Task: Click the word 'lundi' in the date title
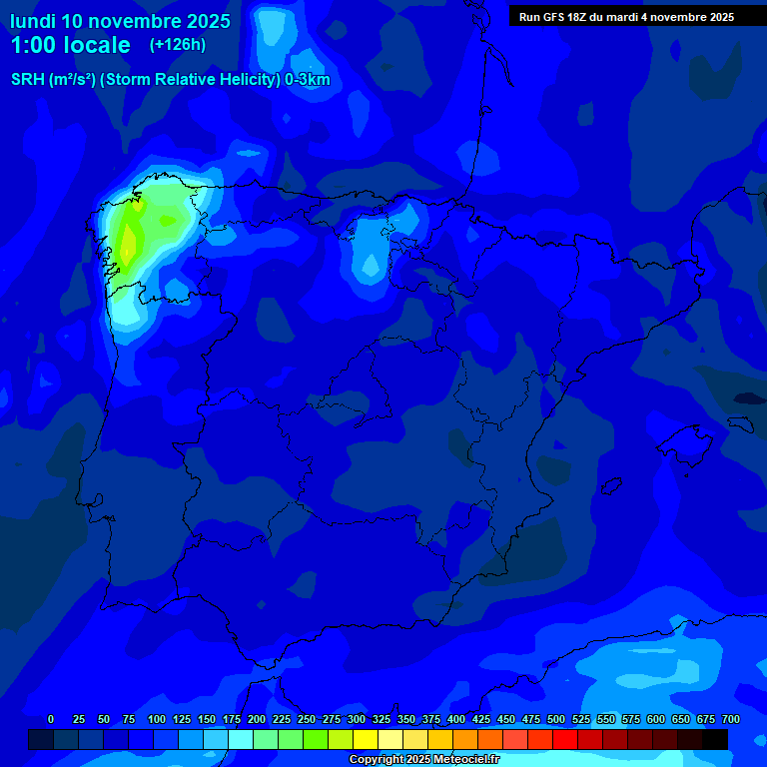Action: [33, 20]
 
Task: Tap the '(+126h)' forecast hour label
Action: [177, 44]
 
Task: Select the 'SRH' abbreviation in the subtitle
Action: [28, 80]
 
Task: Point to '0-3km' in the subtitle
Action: [307, 80]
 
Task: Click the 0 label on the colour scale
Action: [51, 719]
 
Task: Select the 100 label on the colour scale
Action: [157, 719]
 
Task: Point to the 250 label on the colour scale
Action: [307, 719]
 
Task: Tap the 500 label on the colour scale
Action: [556, 719]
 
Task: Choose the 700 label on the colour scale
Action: [730, 719]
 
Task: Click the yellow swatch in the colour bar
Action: [366, 739]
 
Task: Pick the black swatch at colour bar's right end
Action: [715, 739]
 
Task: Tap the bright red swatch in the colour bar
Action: [565, 739]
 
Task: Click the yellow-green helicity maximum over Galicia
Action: [128, 240]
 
